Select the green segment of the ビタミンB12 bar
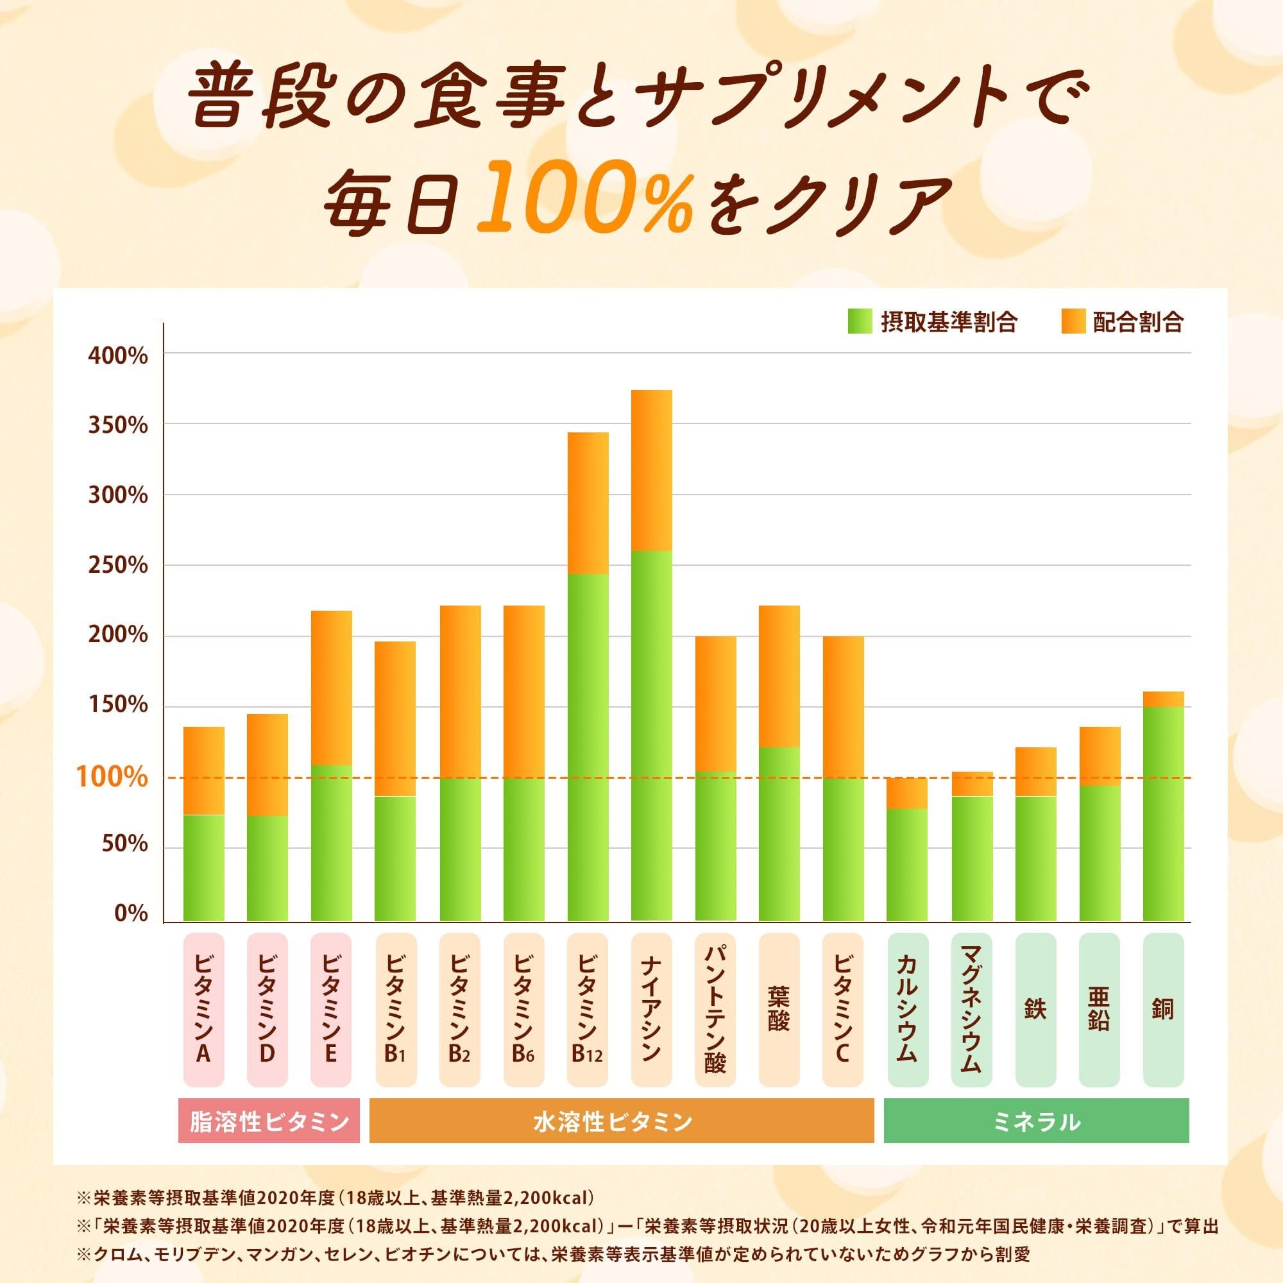coord(588,747)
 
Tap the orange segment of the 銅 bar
coord(1163,699)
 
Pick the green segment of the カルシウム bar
coord(908,865)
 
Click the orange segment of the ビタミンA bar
coord(203,770)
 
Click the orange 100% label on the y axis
coord(112,777)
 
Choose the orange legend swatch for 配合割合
coord(1073,322)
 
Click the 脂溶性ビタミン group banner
coord(269,1121)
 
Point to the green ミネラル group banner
coord(1036,1121)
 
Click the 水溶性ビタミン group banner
coord(621,1121)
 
